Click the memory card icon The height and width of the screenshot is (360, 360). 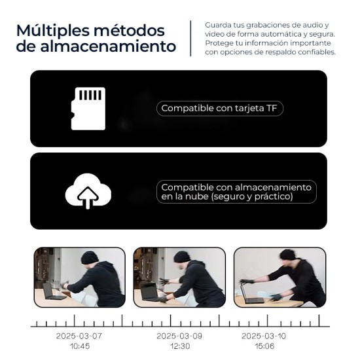[x=88, y=108]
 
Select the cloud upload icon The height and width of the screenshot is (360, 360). [x=88, y=191]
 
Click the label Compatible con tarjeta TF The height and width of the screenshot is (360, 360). [x=219, y=109]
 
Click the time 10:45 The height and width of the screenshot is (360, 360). [x=79, y=346]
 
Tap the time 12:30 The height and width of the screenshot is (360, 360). [x=178, y=346]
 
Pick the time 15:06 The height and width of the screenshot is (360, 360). [x=264, y=346]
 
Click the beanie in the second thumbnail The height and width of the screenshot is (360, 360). [x=182, y=257]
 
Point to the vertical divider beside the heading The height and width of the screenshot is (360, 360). [x=190, y=38]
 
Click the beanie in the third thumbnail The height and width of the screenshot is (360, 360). [x=287, y=254]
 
